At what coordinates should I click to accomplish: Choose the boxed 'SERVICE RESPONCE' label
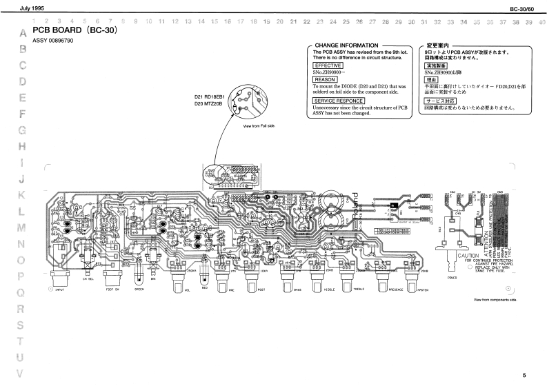tap(339, 101)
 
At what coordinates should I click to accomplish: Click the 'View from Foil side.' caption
tap(258, 127)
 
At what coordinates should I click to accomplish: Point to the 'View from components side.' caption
tap(495, 300)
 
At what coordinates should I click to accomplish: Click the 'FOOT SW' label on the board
tap(113, 290)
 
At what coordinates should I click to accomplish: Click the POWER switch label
tap(452, 278)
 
